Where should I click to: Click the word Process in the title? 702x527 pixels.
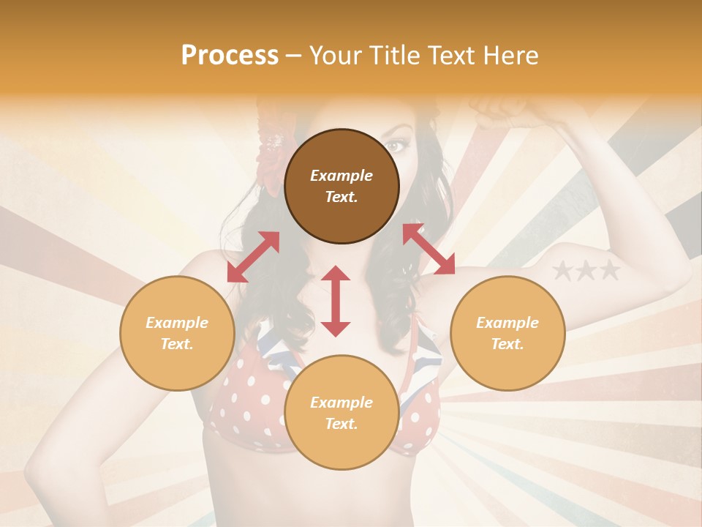coord(230,56)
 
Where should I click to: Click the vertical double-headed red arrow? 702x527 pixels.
coord(336,301)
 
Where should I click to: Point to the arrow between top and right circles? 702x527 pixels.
coord(429,249)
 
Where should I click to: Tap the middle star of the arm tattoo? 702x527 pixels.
coord(586,272)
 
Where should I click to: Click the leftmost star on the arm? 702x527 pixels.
coord(562,272)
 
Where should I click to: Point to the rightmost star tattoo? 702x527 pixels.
coord(609,272)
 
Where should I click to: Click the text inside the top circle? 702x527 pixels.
coord(341,186)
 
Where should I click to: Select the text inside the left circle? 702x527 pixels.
coord(177,333)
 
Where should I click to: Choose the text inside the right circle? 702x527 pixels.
coord(507,333)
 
